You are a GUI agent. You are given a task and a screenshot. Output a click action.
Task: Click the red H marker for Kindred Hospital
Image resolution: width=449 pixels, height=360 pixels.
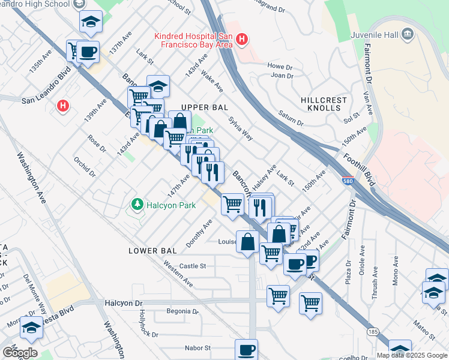[x=241, y=40]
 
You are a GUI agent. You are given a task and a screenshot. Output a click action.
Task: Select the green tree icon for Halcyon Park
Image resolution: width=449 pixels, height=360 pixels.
[x=137, y=205]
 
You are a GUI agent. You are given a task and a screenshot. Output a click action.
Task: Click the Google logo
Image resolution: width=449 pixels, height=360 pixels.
[x=20, y=353]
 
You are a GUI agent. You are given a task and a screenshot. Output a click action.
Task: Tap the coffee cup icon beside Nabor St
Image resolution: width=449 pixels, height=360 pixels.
[x=246, y=349]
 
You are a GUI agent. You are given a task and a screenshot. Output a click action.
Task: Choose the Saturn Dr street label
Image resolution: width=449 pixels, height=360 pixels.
[x=291, y=118]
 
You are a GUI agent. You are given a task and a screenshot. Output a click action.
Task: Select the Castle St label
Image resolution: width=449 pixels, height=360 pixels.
[x=193, y=265]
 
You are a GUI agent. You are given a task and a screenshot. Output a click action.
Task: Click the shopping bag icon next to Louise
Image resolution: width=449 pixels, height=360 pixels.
[x=247, y=242]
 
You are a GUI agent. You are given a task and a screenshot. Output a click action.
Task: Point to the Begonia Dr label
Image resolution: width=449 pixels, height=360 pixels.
[x=182, y=311]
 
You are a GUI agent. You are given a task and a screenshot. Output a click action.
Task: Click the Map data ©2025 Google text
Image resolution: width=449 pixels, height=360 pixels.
[x=411, y=355]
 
